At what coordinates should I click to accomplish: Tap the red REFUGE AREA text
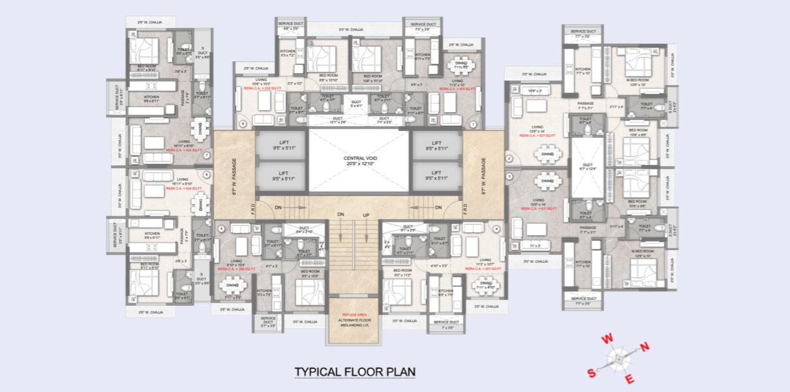point(354,314)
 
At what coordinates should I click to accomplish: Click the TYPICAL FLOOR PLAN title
point(355,372)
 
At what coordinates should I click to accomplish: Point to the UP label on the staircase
point(366,215)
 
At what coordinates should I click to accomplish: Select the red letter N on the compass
point(645,347)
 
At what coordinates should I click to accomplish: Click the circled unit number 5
point(222,228)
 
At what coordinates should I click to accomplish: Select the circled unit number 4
point(496,228)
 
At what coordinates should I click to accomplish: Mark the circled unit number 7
point(206,155)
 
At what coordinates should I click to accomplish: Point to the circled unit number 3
point(509,175)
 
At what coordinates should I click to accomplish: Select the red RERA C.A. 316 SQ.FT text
point(257,89)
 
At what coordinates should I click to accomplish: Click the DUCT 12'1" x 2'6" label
point(338,120)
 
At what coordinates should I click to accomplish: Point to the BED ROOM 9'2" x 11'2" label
point(403,273)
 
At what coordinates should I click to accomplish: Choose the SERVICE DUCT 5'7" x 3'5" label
point(269,320)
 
